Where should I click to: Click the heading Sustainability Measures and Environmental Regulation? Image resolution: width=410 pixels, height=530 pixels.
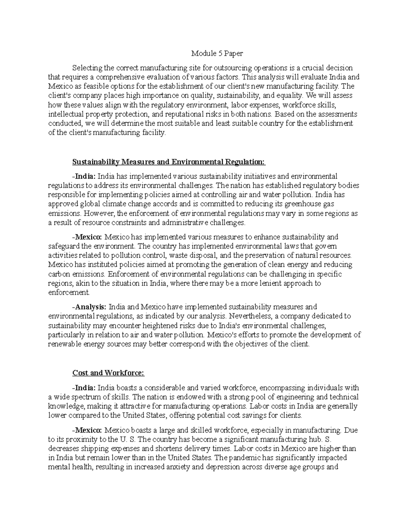pos(169,161)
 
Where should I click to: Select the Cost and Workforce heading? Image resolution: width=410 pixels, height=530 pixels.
pos(109,373)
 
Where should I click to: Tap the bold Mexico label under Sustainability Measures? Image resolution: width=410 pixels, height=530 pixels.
pos(88,237)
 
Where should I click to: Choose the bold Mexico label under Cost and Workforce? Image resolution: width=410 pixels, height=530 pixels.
pos(88,430)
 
